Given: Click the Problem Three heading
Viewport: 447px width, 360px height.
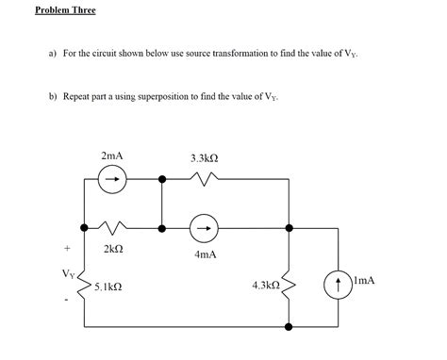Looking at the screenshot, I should (65, 10).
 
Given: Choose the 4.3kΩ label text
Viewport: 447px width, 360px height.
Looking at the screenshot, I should (265, 284).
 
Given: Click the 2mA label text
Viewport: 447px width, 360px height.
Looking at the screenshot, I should (111, 155).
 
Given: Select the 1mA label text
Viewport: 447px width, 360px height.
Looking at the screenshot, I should (363, 280).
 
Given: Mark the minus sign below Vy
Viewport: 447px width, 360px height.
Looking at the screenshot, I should (67, 302).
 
